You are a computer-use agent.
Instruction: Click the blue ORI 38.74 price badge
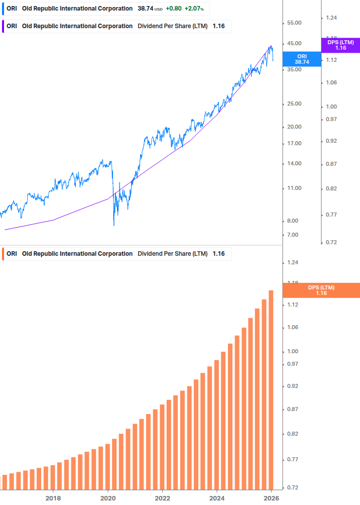(x=302, y=59)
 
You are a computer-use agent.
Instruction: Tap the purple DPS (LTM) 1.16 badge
(x=340, y=45)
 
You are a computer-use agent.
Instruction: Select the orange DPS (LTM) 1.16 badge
(x=321, y=290)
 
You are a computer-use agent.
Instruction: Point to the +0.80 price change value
(x=174, y=9)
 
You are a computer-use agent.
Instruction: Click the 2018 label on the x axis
(x=53, y=498)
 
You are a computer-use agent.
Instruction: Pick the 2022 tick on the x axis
(x=162, y=498)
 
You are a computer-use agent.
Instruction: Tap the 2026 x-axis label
(x=271, y=498)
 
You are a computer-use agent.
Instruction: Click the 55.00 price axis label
(x=294, y=23)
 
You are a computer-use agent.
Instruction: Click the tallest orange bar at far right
(x=271, y=389)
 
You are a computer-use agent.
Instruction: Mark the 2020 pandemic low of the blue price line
(x=114, y=225)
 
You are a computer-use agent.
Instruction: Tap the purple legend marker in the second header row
(x=4, y=26)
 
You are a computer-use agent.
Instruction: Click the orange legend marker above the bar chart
(x=4, y=254)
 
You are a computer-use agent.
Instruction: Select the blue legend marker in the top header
(x=4, y=9)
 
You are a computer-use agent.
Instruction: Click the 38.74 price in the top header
(x=145, y=9)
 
